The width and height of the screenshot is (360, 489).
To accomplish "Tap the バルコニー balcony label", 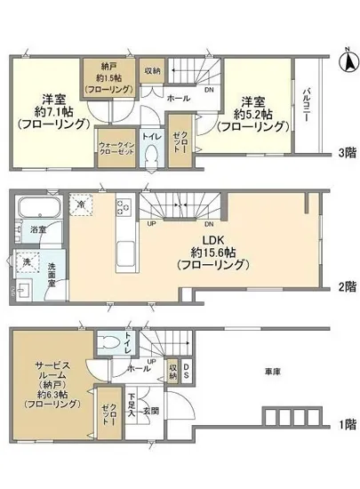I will (307, 106).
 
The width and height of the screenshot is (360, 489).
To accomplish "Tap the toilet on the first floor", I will (111, 342).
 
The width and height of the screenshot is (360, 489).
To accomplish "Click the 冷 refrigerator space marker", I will (82, 204).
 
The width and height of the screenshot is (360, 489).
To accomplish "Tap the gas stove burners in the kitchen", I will (124, 208).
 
